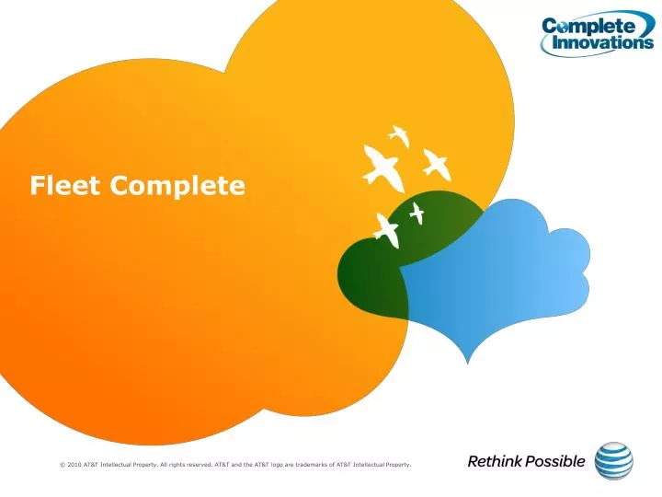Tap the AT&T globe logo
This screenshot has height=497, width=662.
(614, 462)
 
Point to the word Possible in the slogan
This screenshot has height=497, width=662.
(554, 462)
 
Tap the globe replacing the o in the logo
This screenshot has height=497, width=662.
(561, 26)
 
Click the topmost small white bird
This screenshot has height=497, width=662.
(399, 135)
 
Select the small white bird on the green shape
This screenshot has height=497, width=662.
(417, 213)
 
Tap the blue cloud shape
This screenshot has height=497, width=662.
(515, 276)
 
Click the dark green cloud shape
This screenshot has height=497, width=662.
(368, 272)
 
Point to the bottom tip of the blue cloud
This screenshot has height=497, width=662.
(469, 362)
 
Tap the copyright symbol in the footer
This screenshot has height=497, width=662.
(61, 466)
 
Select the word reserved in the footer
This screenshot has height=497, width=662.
(197, 466)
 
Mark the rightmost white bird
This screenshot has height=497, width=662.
(436, 165)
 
